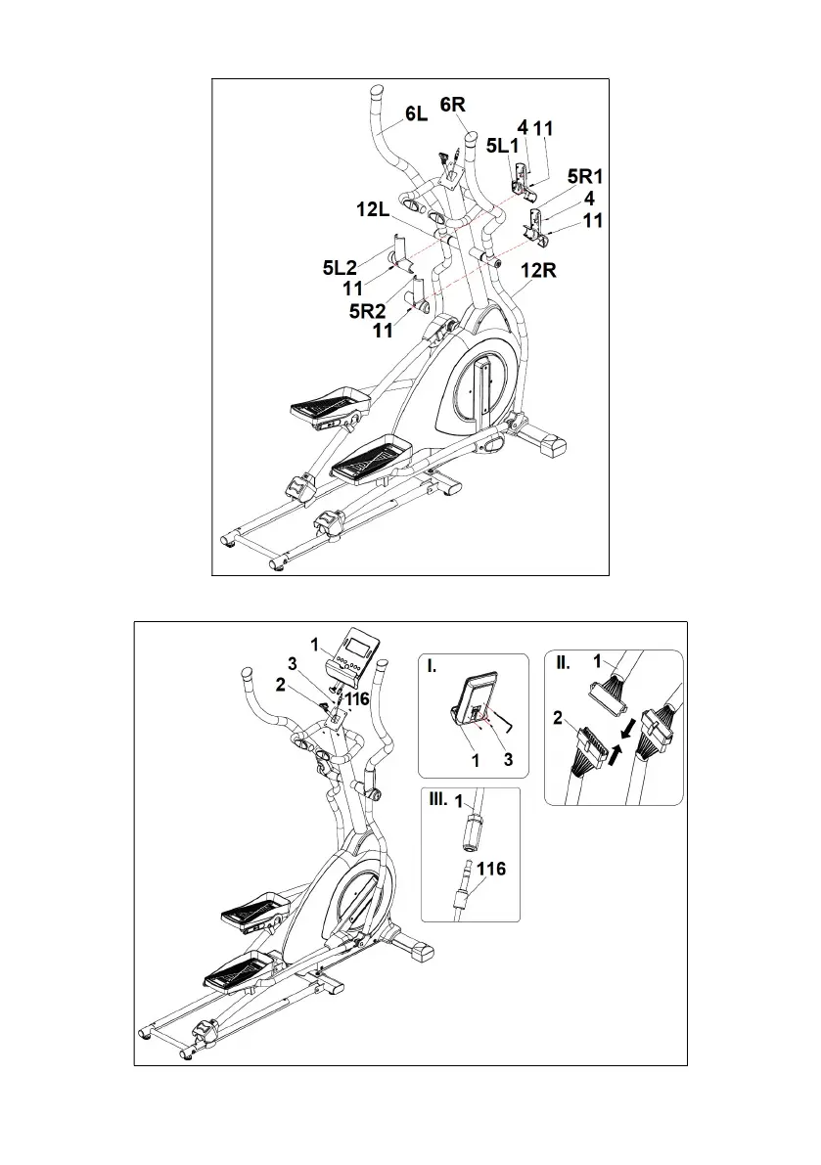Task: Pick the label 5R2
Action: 370,311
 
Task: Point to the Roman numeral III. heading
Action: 437,799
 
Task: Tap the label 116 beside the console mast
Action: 356,699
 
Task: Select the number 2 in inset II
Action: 560,717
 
